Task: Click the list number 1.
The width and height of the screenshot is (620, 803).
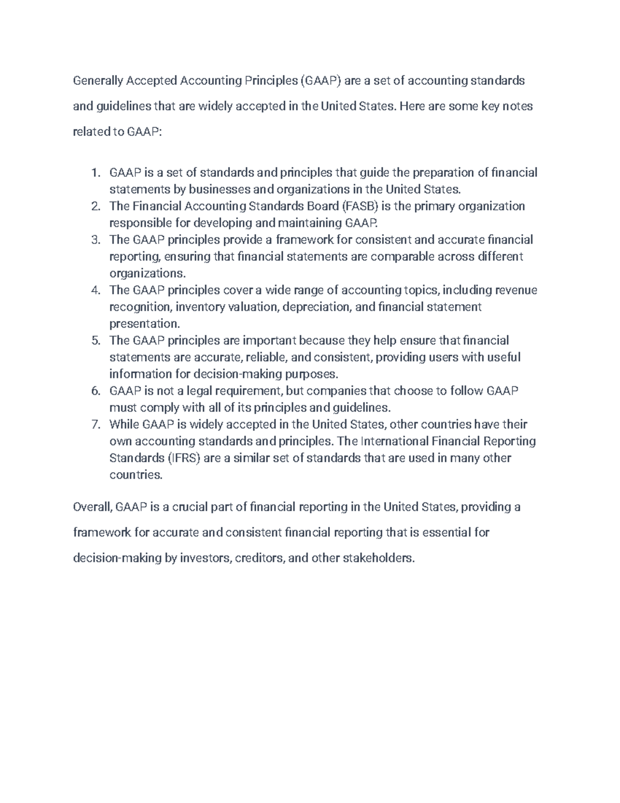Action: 95,173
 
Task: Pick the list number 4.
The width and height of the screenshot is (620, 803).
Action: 95,290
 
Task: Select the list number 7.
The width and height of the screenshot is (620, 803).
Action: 95,425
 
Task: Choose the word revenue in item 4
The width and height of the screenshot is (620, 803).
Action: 516,290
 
